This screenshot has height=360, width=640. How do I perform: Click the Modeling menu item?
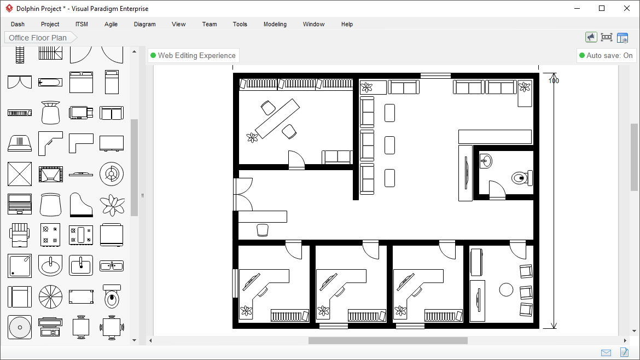tap(275, 24)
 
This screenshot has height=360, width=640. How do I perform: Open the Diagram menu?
tap(144, 24)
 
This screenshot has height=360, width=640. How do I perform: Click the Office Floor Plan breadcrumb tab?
tap(38, 38)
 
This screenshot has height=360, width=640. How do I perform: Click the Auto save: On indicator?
tap(606, 55)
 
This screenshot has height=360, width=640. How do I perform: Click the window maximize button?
tap(602, 8)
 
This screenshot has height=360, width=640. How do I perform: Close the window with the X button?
tap(627, 8)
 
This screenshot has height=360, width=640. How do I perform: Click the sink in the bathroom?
tap(486, 161)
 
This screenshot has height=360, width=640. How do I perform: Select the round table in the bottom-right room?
tap(507, 289)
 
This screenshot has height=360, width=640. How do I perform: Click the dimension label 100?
tap(554, 81)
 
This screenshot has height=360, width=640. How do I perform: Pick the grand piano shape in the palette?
tap(81, 205)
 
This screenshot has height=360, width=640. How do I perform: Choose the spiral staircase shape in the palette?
tap(50, 297)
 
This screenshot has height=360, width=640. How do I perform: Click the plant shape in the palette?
tap(112, 205)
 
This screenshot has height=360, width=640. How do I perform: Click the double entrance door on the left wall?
tap(242, 194)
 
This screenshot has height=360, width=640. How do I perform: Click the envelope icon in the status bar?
tap(606, 352)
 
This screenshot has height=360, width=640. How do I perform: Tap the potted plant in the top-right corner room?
tap(525, 87)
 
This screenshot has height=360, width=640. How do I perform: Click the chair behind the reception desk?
tap(263, 230)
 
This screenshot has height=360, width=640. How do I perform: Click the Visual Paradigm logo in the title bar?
tap(9, 9)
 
